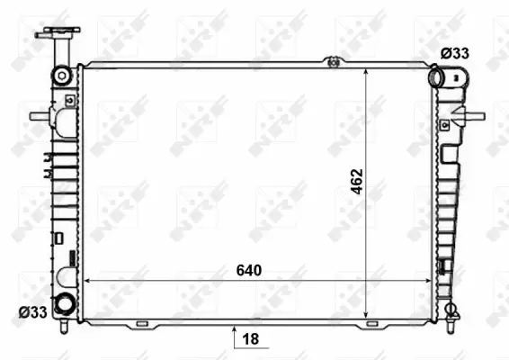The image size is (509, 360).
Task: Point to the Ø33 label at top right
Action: tap(454, 54)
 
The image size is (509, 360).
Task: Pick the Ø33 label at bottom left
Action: tap(32, 312)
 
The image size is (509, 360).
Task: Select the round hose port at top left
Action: tap(62, 74)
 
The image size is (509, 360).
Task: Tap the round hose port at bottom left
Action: tap(64, 304)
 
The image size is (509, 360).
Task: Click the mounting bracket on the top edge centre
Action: tap(334, 62)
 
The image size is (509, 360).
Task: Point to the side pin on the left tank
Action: tap(38, 116)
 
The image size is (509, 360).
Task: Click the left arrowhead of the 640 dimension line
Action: tap(86, 281)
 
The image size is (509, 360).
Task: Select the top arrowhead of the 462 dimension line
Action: tap(366, 71)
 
